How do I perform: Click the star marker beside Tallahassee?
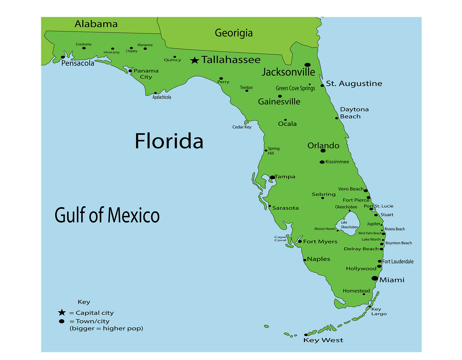click(195, 60)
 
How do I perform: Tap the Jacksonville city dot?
click(308, 65)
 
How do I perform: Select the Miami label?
click(392, 280)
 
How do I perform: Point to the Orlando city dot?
click(323, 151)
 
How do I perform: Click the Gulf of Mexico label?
click(107, 215)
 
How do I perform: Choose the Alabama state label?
click(96, 24)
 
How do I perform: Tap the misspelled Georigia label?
click(234, 33)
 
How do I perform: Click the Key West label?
click(323, 340)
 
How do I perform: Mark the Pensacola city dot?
click(63, 57)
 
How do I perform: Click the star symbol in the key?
click(62, 313)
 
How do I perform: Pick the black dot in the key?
click(62, 321)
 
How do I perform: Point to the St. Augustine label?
click(354, 84)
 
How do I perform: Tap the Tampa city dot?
click(273, 177)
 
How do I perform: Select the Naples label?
click(318, 259)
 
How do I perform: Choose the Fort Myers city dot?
click(300, 242)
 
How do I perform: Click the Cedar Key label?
click(242, 127)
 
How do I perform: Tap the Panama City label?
click(146, 74)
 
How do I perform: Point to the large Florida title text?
click(169, 141)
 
